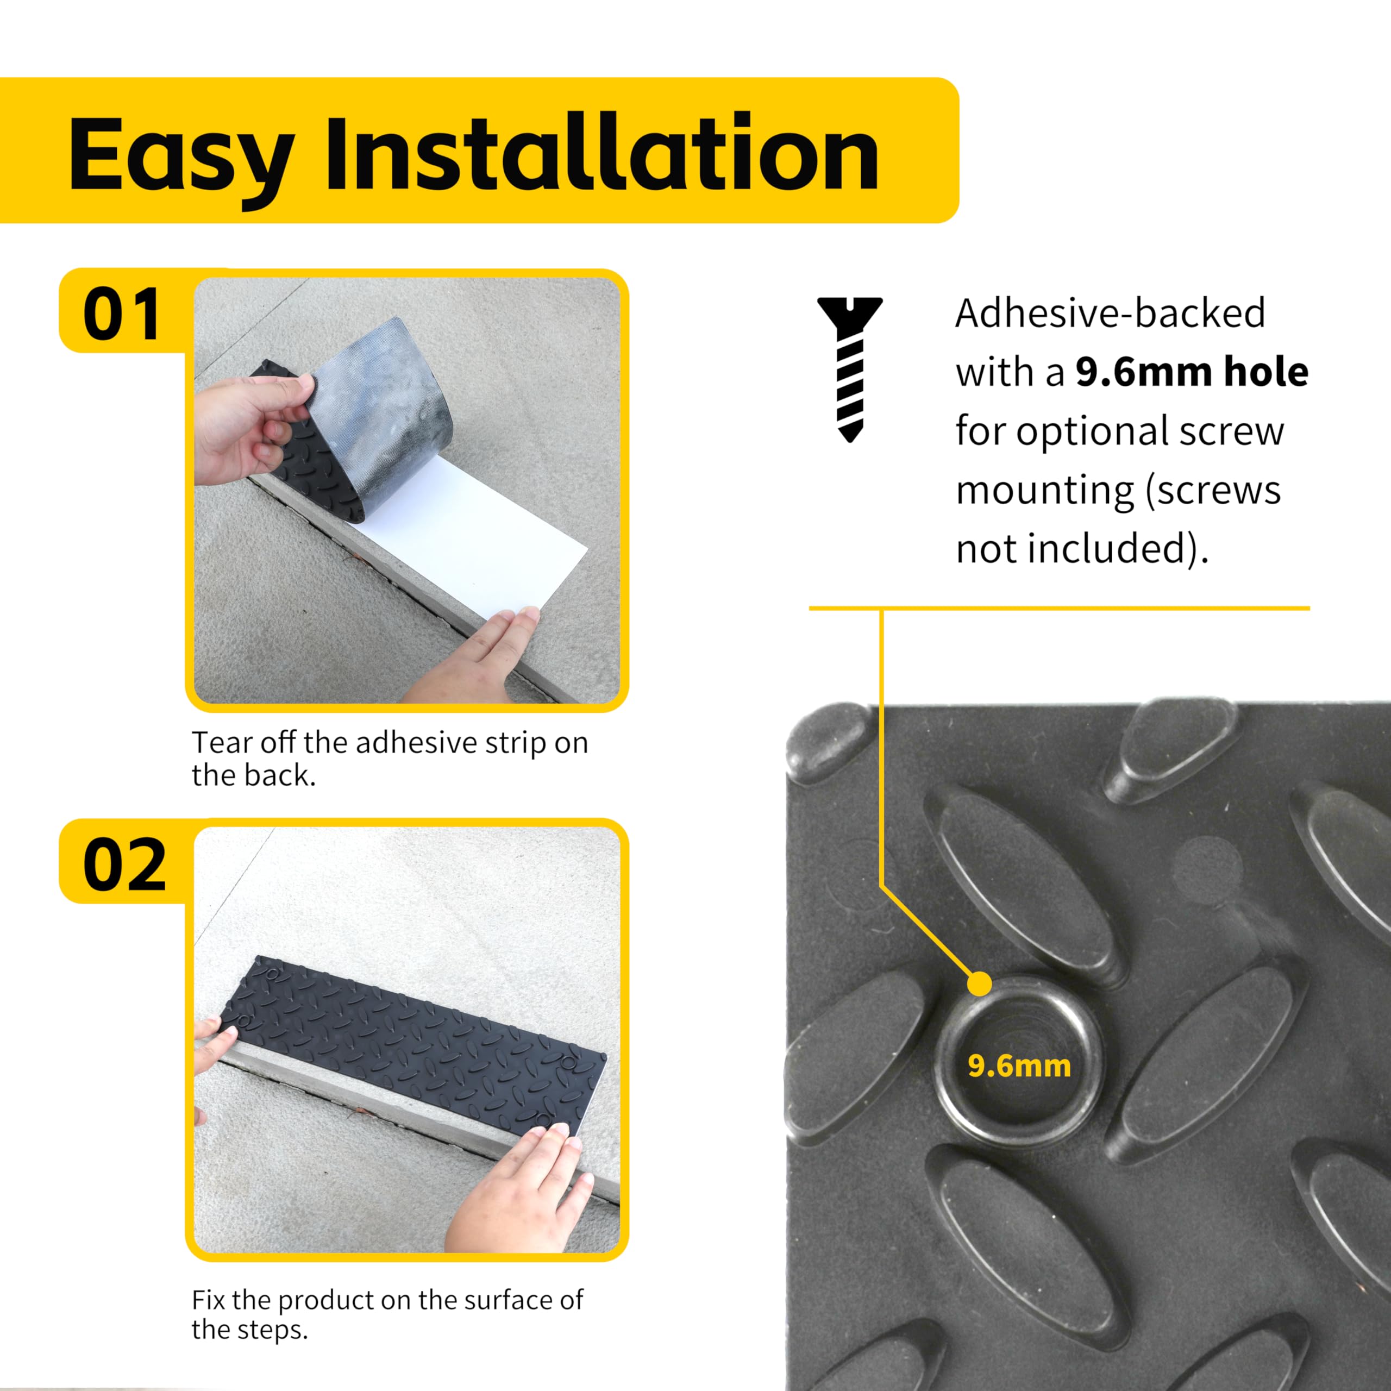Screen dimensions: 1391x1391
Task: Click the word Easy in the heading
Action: (180, 155)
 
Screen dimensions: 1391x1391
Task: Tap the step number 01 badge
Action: (121, 315)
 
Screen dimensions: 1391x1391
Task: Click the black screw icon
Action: (850, 367)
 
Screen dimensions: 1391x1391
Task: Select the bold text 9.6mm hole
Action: (1192, 372)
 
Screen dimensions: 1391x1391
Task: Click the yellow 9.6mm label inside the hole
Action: (1019, 1066)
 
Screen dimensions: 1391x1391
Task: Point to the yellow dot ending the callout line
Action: (980, 983)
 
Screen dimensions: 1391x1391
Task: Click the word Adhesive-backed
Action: (1110, 313)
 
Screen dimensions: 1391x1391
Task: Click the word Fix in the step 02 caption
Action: (208, 1300)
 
